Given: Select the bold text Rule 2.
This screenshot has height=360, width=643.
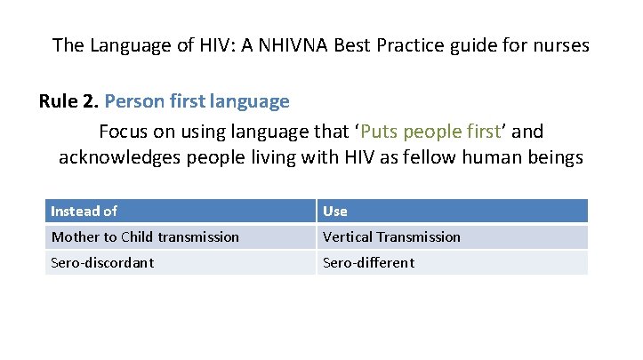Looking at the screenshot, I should pos(68,101).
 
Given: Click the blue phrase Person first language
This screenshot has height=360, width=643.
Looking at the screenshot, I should pos(197,101).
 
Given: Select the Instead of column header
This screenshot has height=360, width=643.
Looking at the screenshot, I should pos(84,211).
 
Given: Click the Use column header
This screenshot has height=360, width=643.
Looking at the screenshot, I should pos(335,211).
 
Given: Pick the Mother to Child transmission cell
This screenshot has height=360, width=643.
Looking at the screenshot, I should pos(145,236).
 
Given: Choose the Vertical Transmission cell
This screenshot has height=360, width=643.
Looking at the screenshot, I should pos(391,236).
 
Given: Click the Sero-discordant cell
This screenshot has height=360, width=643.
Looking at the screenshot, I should pos(102,262).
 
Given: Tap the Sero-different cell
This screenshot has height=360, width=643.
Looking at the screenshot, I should pos(368,262).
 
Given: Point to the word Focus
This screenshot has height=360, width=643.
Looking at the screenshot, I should pos(123,132).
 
